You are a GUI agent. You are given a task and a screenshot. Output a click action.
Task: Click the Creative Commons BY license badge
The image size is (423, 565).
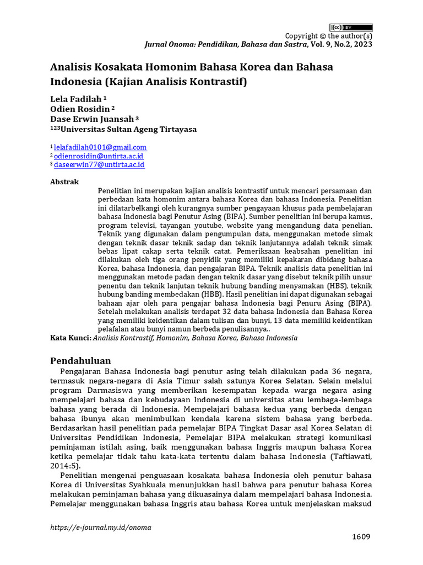tap(351, 28)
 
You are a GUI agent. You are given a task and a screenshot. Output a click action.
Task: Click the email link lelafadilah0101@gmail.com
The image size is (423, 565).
tap(100, 147)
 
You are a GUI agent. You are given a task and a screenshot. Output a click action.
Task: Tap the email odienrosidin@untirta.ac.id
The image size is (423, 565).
tap(99, 156)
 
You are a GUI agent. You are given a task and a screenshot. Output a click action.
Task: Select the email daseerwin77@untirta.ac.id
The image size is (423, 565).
tap(99, 164)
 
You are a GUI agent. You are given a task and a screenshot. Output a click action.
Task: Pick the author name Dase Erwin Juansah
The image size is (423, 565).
tap(91, 119)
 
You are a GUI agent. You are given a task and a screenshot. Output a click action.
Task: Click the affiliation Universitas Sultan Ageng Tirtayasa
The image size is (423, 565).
tap(128, 129)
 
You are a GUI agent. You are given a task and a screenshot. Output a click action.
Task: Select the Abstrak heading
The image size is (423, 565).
tap(64, 182)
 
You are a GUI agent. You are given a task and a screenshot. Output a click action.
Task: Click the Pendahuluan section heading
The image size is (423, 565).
tap(80, 361)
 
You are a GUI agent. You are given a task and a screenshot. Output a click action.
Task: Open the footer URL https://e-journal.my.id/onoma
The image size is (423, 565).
tap(100, 527)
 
